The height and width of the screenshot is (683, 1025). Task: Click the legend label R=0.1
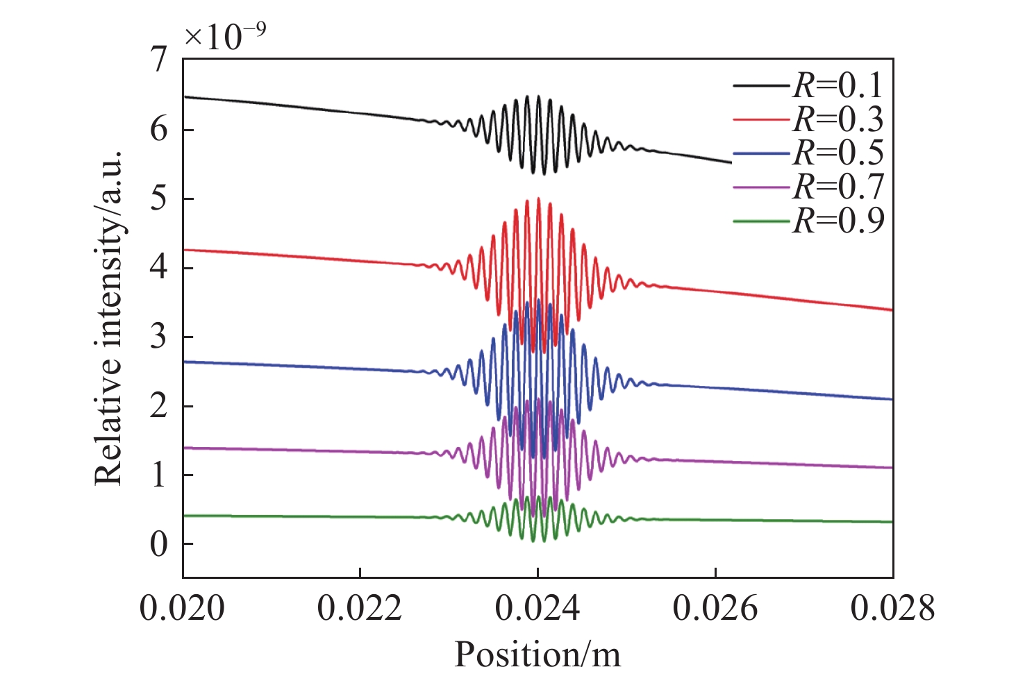[x=838, y=85]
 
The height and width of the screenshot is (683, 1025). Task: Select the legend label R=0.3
[x=838, y=119]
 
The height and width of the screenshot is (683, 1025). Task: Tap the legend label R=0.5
[x=838, y=153]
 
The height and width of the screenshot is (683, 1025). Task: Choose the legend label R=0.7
[x=838, y=187]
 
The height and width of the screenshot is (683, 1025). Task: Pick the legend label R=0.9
[x=838, y=221]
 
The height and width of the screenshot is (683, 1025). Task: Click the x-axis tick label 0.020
[x=183, y=609]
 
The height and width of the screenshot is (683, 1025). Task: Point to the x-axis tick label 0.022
[x=360, y=609]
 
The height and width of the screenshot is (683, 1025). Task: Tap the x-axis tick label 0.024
[x=537, y=609]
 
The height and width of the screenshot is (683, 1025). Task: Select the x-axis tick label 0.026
[x=715, y=609]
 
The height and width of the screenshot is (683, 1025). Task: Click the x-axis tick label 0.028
[x=892, y=609]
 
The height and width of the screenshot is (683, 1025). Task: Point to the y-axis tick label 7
[x=160, y=60]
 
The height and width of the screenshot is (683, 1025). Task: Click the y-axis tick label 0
[x=159, y=545]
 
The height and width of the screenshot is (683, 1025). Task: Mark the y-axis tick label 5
[x=159, y=199]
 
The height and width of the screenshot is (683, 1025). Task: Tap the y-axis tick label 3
[x=159, y=337]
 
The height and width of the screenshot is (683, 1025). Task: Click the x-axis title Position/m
[x=537, y=654]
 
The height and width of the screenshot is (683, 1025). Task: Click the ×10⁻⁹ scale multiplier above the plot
[x=224, y=36]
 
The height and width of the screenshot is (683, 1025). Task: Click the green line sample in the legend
[x=762, y=221]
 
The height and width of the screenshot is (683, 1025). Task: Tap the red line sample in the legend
[x=762, y=120]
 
